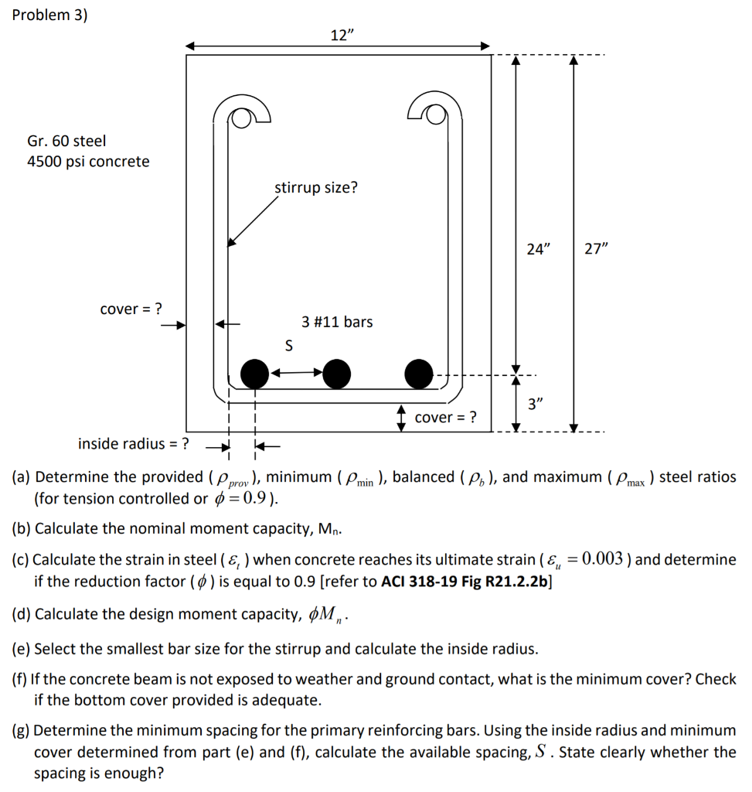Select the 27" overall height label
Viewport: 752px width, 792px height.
(x=596, y=250)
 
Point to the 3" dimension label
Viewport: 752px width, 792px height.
(x=536, y=404)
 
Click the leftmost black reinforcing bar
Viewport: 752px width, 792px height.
(x=254, y=374)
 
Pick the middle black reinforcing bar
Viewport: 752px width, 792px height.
(x=336, y=374)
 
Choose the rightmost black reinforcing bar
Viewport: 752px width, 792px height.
(x=419, y=374)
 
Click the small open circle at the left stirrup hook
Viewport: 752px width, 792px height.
(x=242, y=118)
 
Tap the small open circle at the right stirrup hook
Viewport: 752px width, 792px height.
(x=435, y=115)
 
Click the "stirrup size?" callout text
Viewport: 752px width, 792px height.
(x=316, y=187)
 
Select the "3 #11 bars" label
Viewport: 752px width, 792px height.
(x=337, y=322)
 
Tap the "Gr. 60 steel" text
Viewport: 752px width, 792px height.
(x=66, y=141)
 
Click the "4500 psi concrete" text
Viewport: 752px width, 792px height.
(x=88, y=162)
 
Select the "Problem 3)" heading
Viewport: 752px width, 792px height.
(x=50, y=16)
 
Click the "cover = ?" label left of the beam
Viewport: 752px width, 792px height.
(x=131, y=309)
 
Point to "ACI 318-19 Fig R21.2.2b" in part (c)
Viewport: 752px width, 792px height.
(x=465, y=581)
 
